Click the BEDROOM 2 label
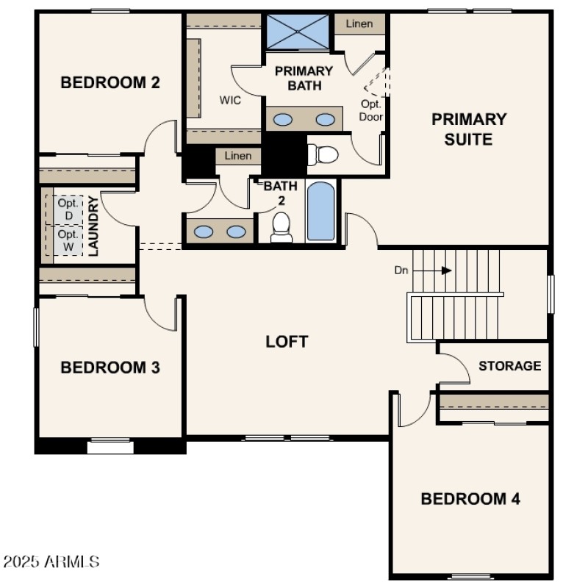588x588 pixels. coord(110,82)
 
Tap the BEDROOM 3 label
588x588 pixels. coord(110,367)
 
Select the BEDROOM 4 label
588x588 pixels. coord(470,499)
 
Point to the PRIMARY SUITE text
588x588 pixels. coord(469,129)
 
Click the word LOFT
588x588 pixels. coord(287,342)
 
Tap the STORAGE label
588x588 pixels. coord(510,365)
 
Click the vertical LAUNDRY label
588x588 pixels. coord(93,226)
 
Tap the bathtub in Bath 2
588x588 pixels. coord(320,211)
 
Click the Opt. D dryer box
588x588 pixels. coord(68,209)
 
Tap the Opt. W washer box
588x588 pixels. coord(68,240)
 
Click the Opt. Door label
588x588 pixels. coord(371,110)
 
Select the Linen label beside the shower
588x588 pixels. coord(360,24)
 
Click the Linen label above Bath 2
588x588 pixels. coord(238,156)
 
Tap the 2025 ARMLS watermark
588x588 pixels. coord(51,562)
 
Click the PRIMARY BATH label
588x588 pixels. coord(304,79)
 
